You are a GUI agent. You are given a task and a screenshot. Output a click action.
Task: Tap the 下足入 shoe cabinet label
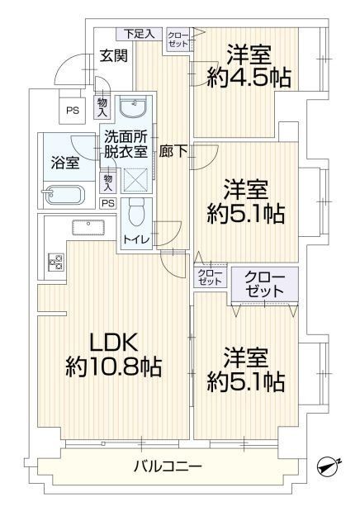click(140, 34)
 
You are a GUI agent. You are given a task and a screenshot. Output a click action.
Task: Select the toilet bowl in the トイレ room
click(136, 211)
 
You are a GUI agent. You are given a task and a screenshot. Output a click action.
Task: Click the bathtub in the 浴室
click(64, 195)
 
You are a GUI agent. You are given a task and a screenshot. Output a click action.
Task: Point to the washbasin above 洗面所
click(134, 106)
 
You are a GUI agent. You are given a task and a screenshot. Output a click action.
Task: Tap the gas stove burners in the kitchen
click(55, 262)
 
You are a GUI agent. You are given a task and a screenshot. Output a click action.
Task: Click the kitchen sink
click(88, 227)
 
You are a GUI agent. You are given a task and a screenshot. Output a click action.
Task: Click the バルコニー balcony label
click(168, 466)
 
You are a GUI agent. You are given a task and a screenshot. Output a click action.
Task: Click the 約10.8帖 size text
click(114, 367)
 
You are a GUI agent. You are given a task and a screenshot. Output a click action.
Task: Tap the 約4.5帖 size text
click(249, 78)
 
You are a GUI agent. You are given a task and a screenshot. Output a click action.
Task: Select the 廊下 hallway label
click(173, 151)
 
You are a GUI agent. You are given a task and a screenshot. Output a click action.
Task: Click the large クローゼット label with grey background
click(264, 284)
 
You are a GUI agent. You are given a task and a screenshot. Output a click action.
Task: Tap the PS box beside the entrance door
click(73, 111)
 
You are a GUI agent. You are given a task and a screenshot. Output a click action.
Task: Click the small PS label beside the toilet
click(108, 203)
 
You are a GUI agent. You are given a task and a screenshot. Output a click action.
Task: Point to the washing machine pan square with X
click(136, 180)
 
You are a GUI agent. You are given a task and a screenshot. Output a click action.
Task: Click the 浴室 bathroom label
click(65, 163)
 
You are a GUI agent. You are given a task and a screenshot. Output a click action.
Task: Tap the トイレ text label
click(136, 240)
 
